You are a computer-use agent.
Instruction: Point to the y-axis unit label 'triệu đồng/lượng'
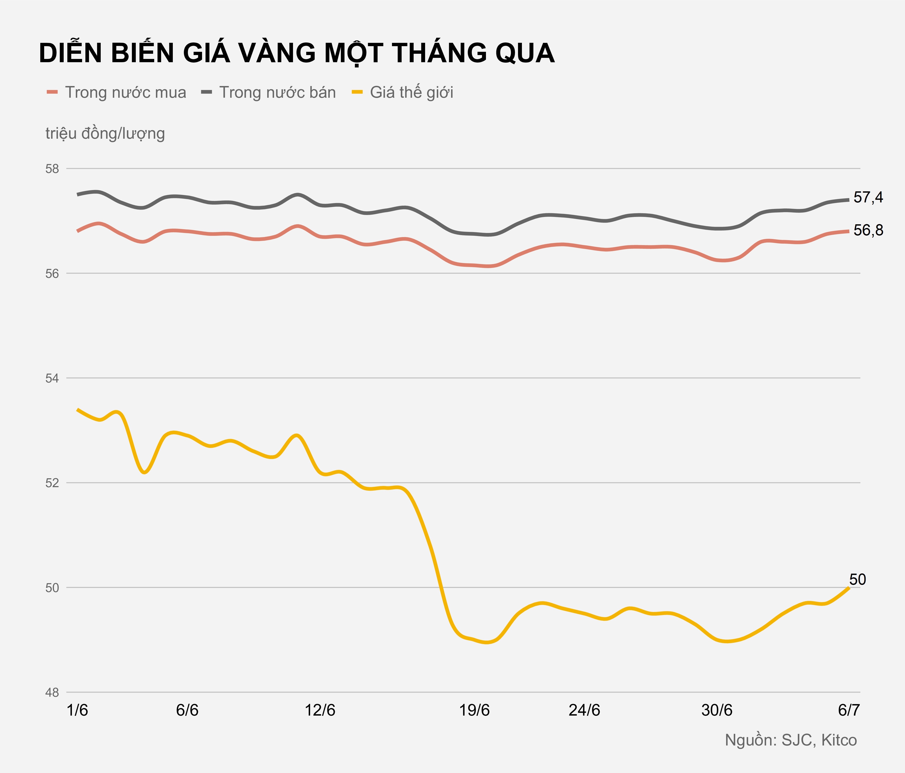[x=105, y=133]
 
